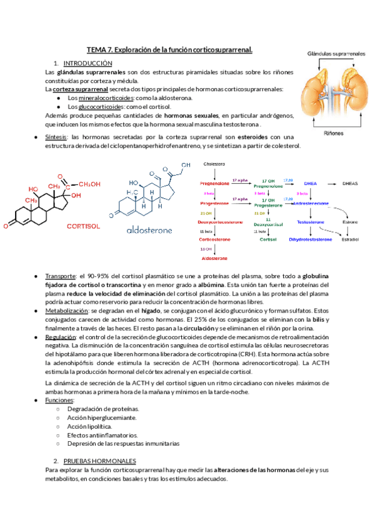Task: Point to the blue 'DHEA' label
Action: tap(311, 184)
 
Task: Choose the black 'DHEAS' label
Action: tap(351, 184)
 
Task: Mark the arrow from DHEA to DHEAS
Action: tap(331, 184)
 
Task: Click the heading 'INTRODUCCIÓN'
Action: tap(87, 63)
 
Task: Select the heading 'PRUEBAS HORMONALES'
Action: tap(99, 460)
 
